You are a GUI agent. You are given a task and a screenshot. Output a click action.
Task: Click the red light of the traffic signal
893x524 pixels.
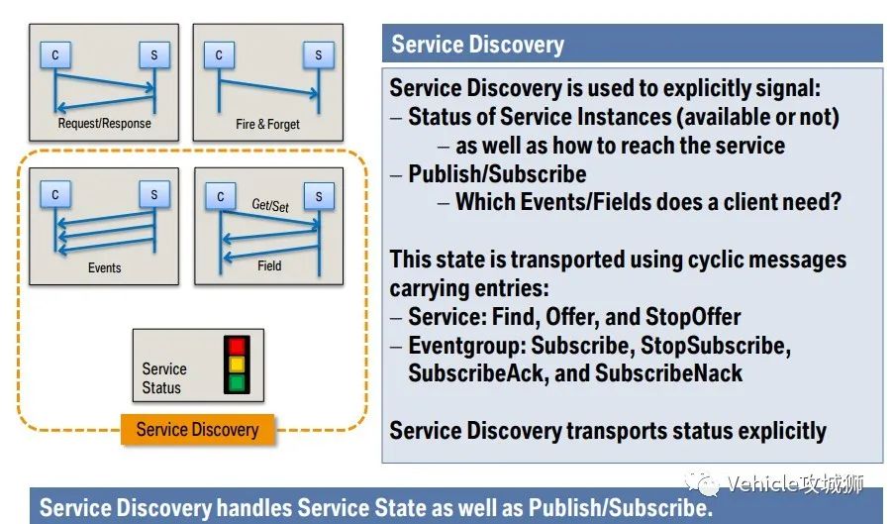click(x=237, y=347)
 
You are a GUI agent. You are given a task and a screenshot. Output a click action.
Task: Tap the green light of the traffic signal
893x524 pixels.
click(x=237, y=382)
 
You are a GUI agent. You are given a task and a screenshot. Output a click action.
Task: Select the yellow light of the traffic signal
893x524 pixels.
click(x=237, y=365)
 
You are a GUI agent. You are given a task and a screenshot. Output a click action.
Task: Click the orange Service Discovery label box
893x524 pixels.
click(x=197, y=430)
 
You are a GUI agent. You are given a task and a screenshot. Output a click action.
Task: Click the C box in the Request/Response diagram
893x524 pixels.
click(x=54, y=55)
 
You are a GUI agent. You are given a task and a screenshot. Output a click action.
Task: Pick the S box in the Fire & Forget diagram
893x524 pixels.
click(x=318, y=55)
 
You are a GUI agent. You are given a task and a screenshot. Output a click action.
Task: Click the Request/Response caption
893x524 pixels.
click(x=104, y=125)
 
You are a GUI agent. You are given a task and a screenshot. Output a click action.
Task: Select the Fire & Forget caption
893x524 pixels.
click(x=268, y=125)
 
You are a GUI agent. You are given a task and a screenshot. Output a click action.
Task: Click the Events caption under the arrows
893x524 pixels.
click(x=104, y=267)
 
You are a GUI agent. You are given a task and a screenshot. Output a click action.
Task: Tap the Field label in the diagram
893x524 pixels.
click(x=269, y=265)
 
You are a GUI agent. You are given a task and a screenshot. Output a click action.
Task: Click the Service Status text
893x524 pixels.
click(x=163, y=377)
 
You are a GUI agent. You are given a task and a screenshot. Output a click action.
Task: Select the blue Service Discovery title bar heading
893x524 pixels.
click(x=477, y=45)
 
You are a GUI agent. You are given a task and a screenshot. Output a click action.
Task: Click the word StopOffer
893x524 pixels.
click(x=693, y=318)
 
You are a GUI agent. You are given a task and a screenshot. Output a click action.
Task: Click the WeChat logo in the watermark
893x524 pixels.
click(x=708, y=484)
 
